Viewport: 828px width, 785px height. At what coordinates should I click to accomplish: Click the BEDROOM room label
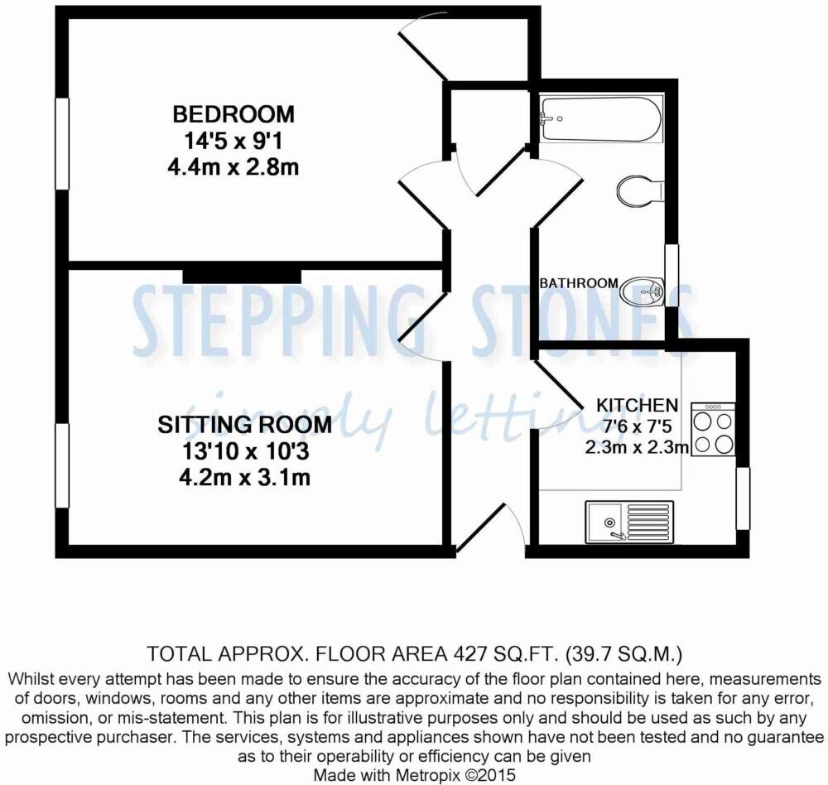[233, 114]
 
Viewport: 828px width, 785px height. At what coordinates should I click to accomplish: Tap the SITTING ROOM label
[244, 425]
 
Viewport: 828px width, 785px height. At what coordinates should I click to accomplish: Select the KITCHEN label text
[637, 405]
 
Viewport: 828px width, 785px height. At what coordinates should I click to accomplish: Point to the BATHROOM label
[578, 283]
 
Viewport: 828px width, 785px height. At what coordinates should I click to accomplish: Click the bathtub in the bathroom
[599, 119]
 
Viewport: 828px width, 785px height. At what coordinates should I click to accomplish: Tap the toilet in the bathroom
[640, 191]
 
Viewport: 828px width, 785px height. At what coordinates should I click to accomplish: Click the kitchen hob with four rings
[713, 429]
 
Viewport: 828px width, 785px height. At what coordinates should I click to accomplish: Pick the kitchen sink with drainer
[629, 522]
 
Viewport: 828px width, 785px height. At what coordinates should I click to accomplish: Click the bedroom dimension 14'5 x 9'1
[233, 141]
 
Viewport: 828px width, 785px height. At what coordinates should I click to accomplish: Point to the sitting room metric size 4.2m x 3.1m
[244, 478]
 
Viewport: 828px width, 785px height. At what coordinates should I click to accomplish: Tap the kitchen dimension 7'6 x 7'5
[637, 426]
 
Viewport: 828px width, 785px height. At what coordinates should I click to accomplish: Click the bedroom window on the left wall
[62, 144]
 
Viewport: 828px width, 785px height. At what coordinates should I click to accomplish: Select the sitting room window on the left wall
[62, 465]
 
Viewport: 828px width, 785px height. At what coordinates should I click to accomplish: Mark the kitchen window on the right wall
[743, 498]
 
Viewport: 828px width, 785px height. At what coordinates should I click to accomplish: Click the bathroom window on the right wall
[672, 276]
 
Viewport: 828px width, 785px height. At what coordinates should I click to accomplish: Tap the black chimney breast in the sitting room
[242, 276]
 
